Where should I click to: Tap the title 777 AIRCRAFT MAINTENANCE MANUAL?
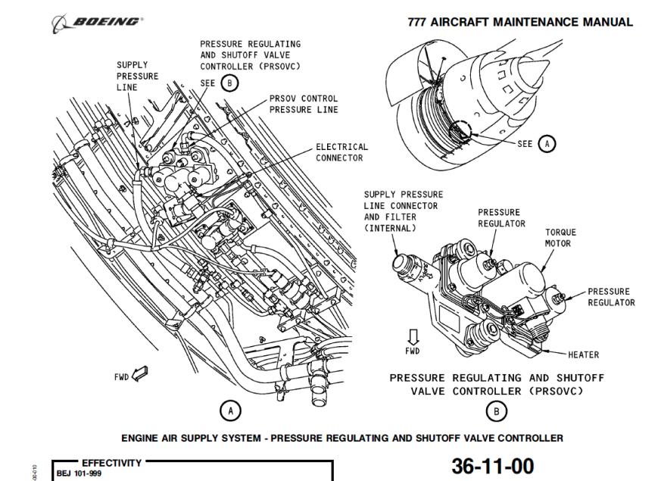(x=520, y=22)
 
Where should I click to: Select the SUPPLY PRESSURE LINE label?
(x=137, y=77)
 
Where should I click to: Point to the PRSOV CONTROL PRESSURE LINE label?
(x=304, y=104)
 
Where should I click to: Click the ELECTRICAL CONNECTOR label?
(x=341, y=152)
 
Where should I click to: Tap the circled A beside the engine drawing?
(x=547, y=143)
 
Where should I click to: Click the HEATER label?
(x=583, y=355)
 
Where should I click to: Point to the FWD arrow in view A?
(x=139, y=373)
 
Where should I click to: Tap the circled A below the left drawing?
(x=230, y=411)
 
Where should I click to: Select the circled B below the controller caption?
(x=496, y=411)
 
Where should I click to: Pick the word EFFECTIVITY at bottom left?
(x=111, y=463)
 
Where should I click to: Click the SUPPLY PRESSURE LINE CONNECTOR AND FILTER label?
(x=403, y=211)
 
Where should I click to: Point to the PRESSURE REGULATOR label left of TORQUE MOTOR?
(x=500, y=218)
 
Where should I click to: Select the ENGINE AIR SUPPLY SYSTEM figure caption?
(x=342, y=438)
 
